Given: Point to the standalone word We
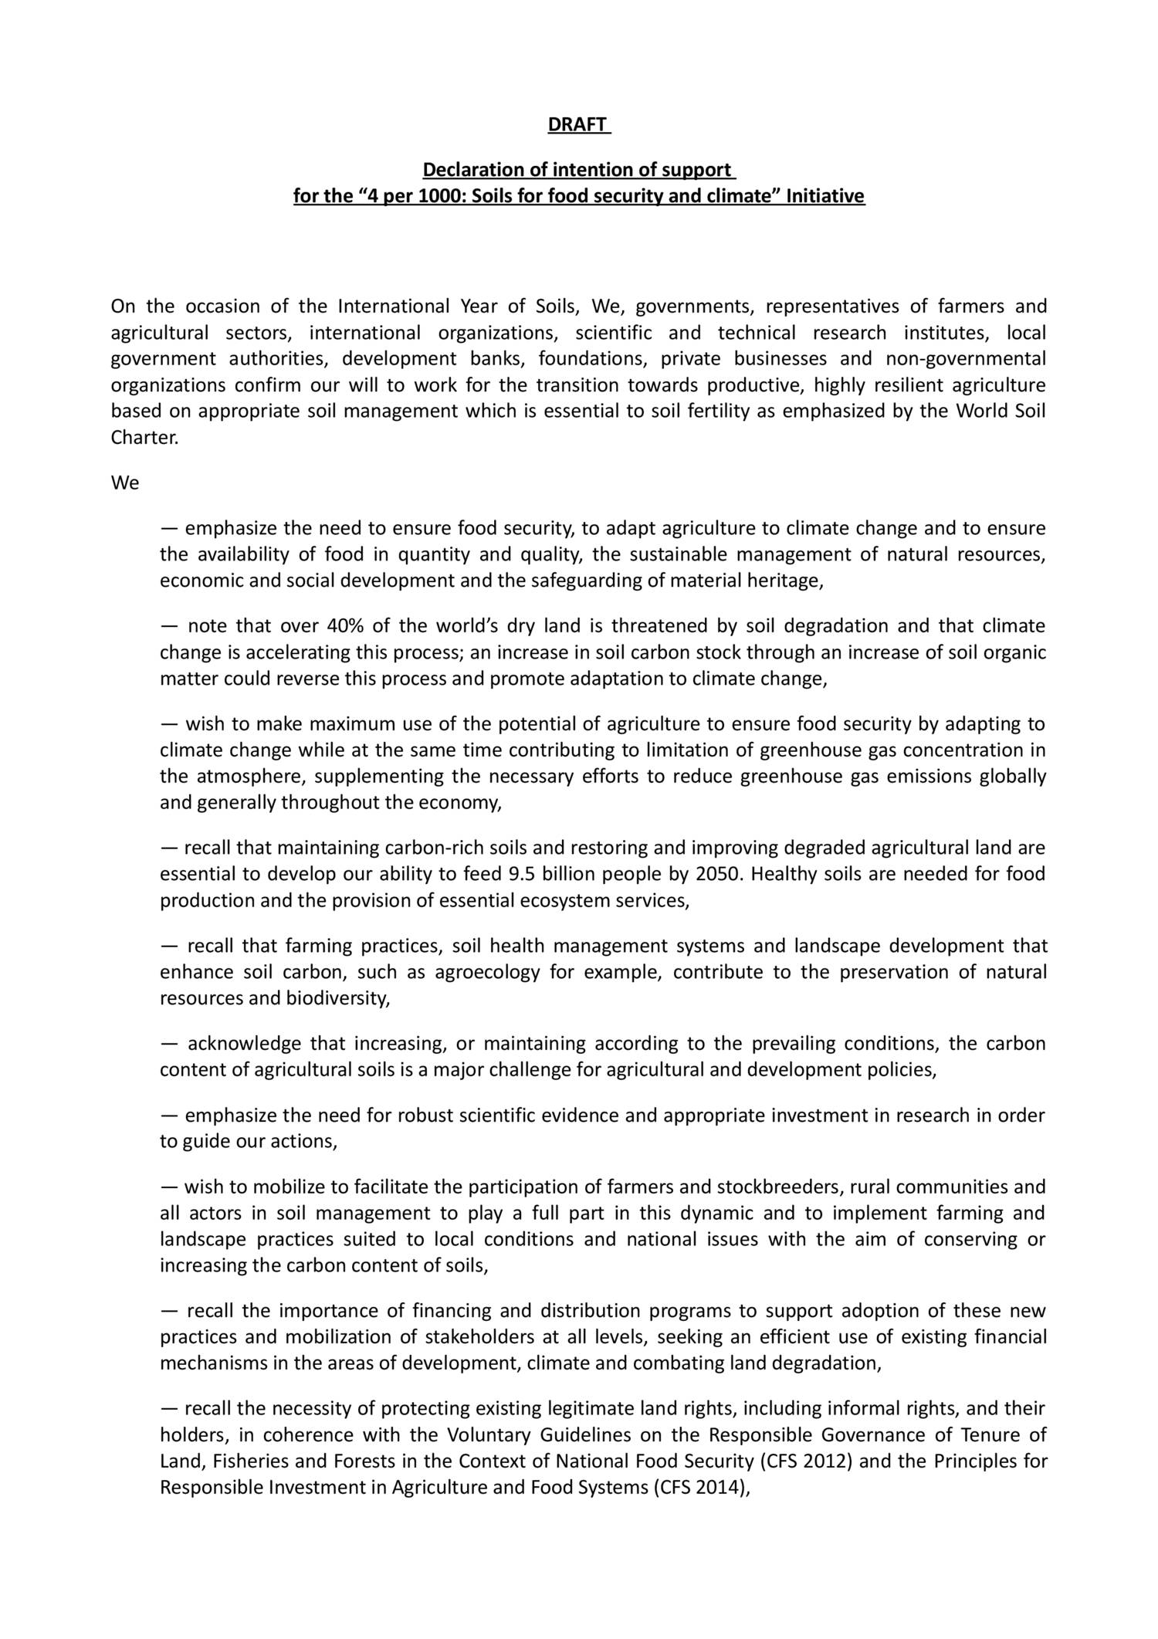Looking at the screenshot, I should tap(124, 483).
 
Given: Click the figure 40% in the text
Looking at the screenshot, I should tap(348, 625).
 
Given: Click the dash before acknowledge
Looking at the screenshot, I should tap(169, 1045).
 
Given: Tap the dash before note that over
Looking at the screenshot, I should tap(169, 625).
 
